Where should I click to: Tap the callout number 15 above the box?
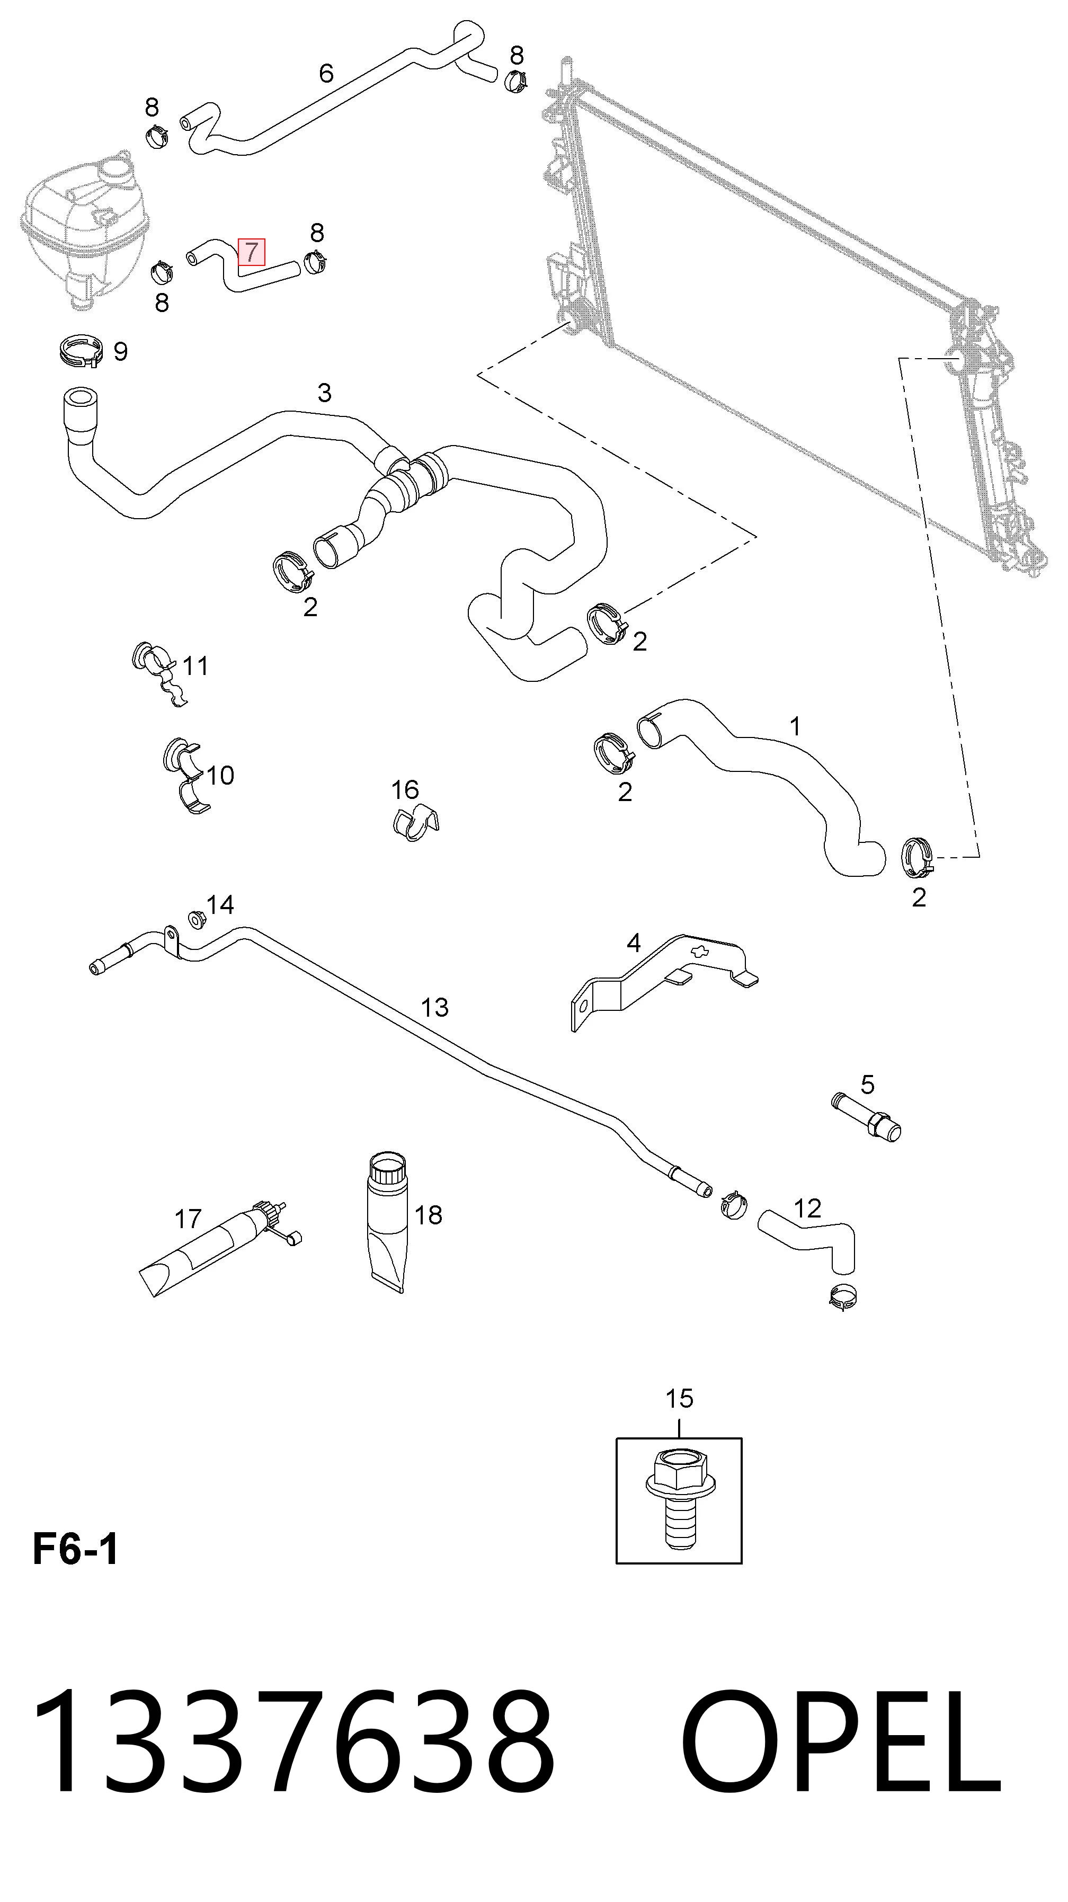pyautogui.click(x=679, y=1398)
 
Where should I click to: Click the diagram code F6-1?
pyautogui.click(x=75, y=1549)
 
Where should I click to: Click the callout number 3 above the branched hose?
pyautogui.click(x=325, y=392)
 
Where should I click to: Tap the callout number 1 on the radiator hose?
pyautogui.click(x=796, y=727)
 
